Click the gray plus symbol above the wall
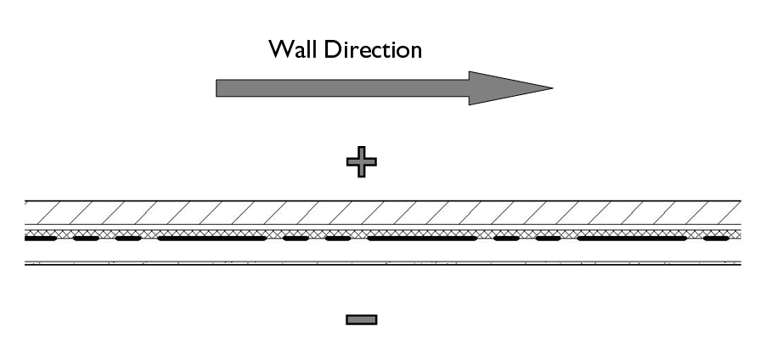point(361,161)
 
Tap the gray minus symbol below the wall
point(361,319)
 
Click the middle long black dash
point(421,239)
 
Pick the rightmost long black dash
point(631,239)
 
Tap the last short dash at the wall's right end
point(715,239)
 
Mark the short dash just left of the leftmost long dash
point(127,239)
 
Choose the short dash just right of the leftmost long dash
point(296,239)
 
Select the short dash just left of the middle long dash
point(337,239)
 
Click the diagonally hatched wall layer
point(382,212)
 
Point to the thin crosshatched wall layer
point(382,232)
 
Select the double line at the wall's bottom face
point(382,263)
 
